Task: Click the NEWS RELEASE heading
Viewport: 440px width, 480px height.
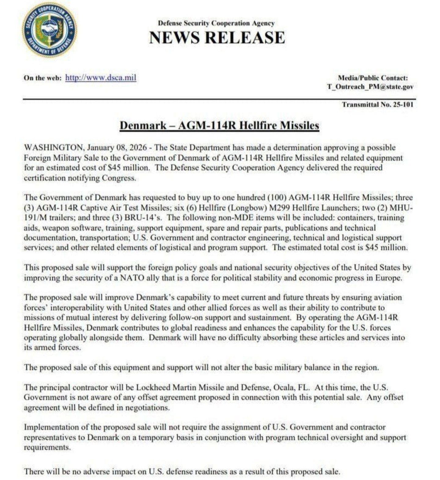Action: click(x=217, y=38)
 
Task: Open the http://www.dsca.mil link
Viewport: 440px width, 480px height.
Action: click(x=101, y=78)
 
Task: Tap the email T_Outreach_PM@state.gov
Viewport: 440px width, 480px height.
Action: click(x=370, y=86)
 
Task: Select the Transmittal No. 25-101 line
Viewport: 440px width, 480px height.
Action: click(x=378, y=105)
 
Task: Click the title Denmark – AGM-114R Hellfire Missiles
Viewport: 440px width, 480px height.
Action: click(x=219, y=125)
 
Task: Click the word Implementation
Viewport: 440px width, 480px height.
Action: click(x=50, y=427)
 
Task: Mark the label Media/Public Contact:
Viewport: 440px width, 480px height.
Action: click(x=372, y=78)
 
